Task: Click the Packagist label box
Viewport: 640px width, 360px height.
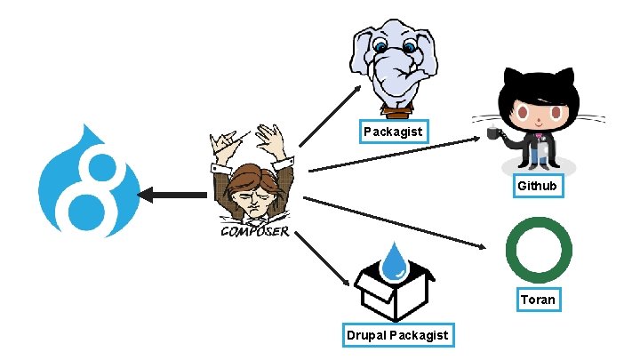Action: pyautogui.click(x=395, y=132)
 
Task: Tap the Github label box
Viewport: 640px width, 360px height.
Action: pyautogui.click(x=538, y=186)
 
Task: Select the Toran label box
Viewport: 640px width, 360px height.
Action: pyautogui.click(x=538, y=300)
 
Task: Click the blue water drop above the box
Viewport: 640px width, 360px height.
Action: pyautogui.click(x=394, y=260)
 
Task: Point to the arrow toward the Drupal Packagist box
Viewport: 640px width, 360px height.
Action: pyautogui.click(x=323, y=260)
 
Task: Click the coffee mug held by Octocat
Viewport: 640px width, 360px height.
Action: pyautogui.click(x=492, y=134)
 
